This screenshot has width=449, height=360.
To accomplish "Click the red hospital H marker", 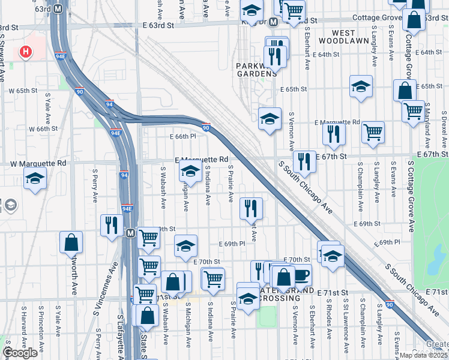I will pyautogui.click(x=26, y=52).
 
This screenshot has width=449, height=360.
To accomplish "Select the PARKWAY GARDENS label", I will pyautogui.click(x=256, y=70).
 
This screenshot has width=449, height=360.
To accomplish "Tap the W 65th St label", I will pyautogui.click(x=23, y=91).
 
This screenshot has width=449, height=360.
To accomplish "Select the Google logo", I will pyautogui.click(x=20, y=352).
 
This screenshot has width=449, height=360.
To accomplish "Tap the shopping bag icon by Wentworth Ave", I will pyautogui.click(x=71, y=243).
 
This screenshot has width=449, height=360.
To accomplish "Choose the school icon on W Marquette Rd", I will pyautogui.click(x=35, y=178).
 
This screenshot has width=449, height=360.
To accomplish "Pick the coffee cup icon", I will pyautogui.click(x=300, y=275).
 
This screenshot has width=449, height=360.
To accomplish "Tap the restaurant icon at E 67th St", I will pyautogui.click(x=304, y=161).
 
